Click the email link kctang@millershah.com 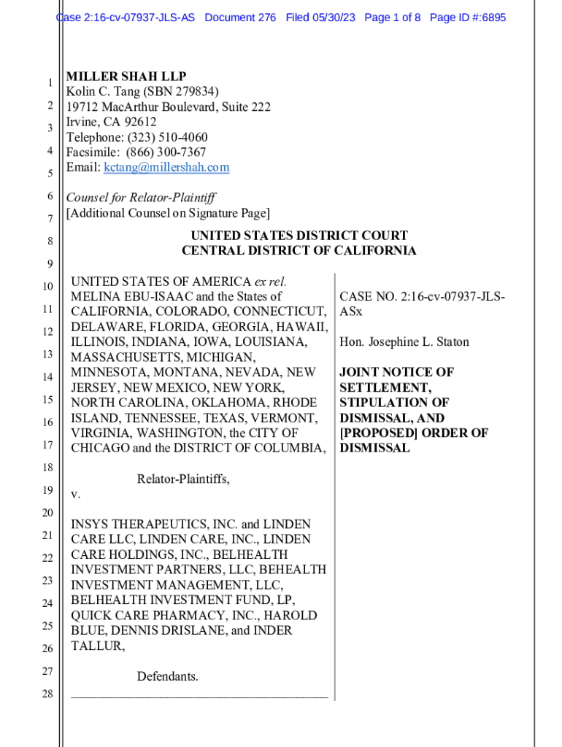click(166, 168)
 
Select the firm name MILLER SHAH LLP click(126, 77)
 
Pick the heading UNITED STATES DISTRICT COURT click(299, 236)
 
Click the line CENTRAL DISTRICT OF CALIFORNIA click(299, 251)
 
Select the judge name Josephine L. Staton click(418, 342)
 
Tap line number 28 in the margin click(47, 694)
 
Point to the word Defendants click(167, 677)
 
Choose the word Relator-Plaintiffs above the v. click(183, 479)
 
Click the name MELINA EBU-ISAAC click(127, 297)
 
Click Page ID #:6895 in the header click(467, 18)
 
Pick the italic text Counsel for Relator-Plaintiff click(141, 198)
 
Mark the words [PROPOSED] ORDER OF click(414, 433)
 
